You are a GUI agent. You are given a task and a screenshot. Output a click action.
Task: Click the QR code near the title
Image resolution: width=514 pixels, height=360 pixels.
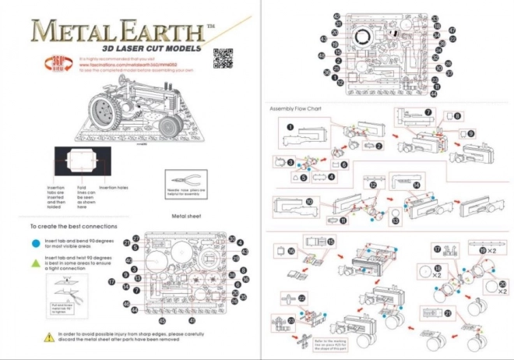[x=222, y=58]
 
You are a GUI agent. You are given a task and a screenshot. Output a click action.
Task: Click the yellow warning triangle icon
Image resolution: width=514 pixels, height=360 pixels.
[x=37, y=336]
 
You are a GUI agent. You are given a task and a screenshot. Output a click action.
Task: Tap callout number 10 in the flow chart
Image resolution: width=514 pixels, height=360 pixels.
[x=308, y=201]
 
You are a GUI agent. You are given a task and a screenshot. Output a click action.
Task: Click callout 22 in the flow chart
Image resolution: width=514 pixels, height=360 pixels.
[x=301, y=298]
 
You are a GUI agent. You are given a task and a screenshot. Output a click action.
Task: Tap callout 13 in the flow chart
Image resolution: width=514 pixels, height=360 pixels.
[x=396, y=221]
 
